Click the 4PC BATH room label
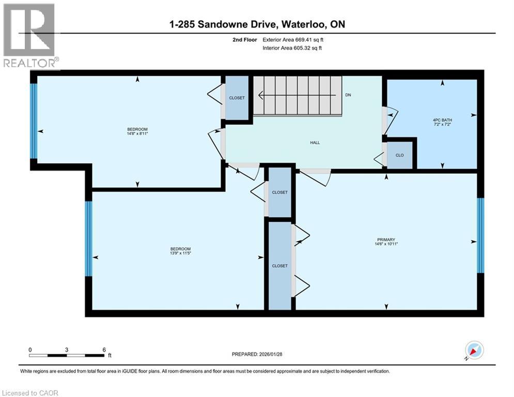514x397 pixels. click(x=442, y=119)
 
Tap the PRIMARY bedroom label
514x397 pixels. click(x=386, y=239)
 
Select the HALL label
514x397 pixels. click(x=315, y=143)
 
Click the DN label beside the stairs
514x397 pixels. click(x=348, y=95)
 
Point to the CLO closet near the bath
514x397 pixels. click(x=399, y=155)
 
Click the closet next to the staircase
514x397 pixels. click(x=237, y=98)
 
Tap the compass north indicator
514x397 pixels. click(x=474, y=350)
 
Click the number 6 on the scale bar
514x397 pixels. click(x=104, y=349)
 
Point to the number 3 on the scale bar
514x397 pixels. click(x=67, y=349)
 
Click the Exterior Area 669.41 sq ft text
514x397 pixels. click(x=296, y=39)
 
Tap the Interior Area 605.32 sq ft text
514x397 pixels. click(x=295, y=48)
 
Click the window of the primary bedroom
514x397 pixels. click(x=480, y=235)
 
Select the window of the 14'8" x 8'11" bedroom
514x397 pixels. click(x=34, y=120)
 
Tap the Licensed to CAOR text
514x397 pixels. click(x=30, y=393)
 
